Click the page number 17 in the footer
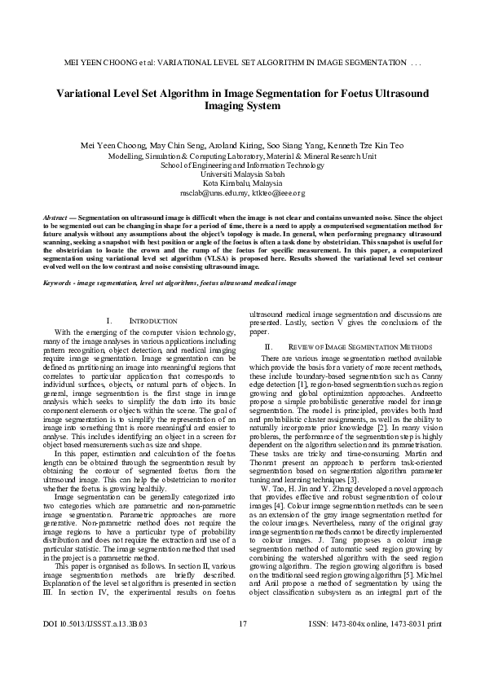242,670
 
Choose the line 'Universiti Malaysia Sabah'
241,174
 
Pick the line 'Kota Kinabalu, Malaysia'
241,184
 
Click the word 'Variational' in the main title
90,93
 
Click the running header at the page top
241,63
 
